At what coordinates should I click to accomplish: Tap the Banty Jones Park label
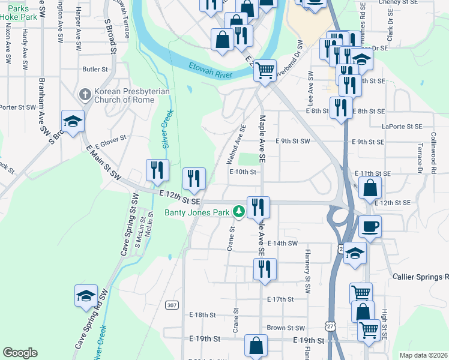click(x=197, y=212)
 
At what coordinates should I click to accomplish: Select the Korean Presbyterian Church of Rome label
click(x=131, y=95)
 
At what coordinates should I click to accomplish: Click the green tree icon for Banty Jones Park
click(x=239, y=212)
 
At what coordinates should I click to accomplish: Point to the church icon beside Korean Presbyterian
click(x=85, y=95)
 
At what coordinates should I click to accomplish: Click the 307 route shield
click(x=172, y=305)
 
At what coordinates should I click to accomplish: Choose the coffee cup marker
click(x=370, y=227)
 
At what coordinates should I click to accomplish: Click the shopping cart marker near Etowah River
click(x=265, y=71)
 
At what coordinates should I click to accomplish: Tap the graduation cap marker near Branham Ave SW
click(x=73, y=122)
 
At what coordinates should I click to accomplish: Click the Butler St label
click(x=95, y=70)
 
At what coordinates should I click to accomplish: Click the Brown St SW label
click(x=286, y=328)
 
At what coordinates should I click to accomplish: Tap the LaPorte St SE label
click(x=401, y=127)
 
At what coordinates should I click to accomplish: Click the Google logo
click(x=20, y=353)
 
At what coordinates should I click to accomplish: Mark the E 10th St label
click(x=243, y=172)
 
